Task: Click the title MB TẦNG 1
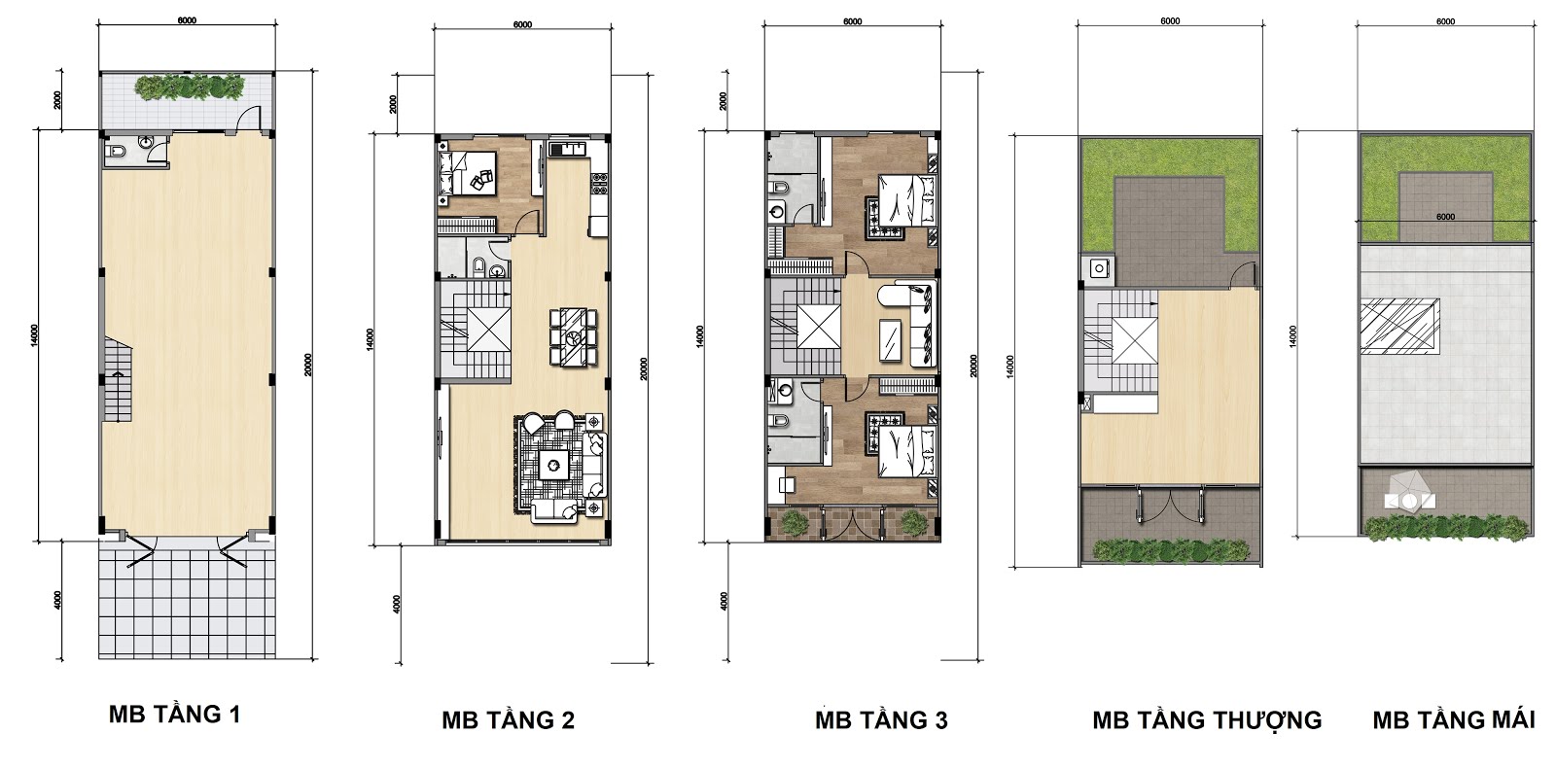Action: click(175, 715)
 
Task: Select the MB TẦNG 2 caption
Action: click(509, 720)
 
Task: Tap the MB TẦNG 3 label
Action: click(881, 720)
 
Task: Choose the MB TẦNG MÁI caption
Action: click(1454, 720)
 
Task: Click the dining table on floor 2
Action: click(573, 337)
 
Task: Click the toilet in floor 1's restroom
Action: click(115, 152)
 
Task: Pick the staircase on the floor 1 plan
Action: click(118, 381)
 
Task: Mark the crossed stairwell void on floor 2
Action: click(489, 330)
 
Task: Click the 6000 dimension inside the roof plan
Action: click(1445, 217)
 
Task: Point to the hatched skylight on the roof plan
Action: click(1399, 327)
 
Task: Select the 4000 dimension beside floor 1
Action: click(57, 600)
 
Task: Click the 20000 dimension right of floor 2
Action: click(644, 368)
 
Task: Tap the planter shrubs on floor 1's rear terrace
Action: click(191, 87)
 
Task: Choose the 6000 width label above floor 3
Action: click(852, 21)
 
